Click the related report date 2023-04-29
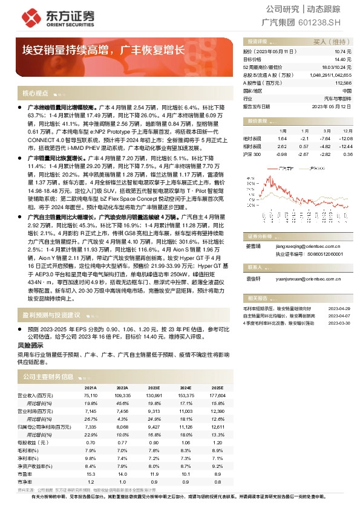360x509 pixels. [x=339, y=308]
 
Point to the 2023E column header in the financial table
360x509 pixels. [x=154, y=387]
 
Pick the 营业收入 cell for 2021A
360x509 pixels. [x=90, y=395]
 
